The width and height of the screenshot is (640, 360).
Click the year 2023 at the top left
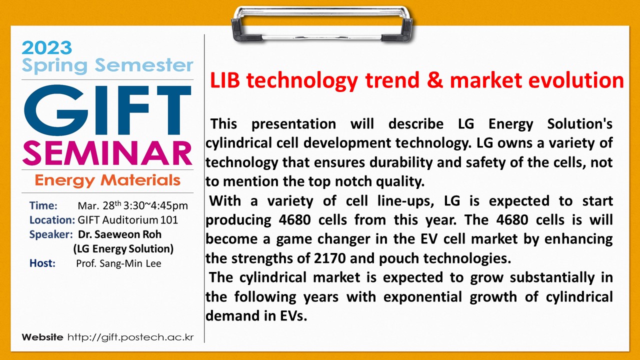pos(46,47)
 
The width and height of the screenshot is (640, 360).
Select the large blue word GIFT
pos(107,110)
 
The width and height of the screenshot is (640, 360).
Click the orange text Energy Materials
pos(107,180)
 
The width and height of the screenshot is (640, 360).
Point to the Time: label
pos(43,205)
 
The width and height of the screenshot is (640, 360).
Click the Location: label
pos(52,220)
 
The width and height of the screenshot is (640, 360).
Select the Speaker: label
pos(51,234)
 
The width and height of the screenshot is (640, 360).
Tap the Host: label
pos(42,263)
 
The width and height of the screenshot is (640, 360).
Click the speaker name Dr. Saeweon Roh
pos(119,234)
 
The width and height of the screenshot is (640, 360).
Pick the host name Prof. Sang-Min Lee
pos(118,263)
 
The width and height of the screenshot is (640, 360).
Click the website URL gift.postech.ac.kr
pos(130,337)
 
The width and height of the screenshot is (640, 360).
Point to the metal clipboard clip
pos(322,25)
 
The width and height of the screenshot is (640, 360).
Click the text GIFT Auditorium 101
pos(127,220)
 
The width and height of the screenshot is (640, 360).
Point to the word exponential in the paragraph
pos(422,297)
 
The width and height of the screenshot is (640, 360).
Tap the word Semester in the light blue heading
pos(144,65)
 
